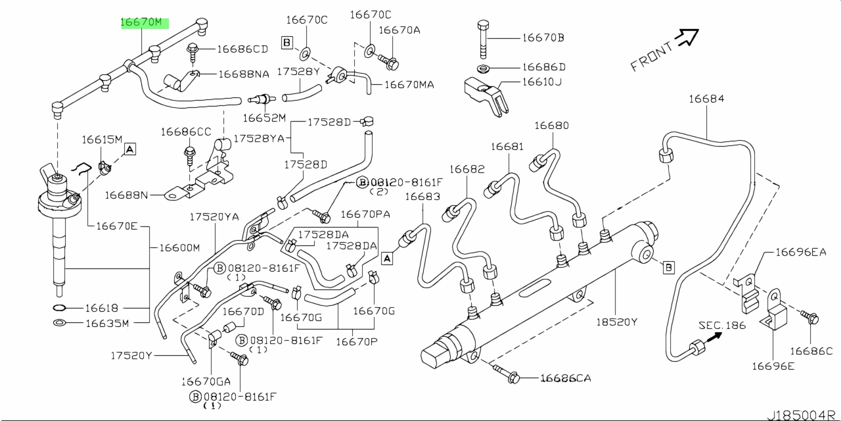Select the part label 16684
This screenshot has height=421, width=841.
[706, 99]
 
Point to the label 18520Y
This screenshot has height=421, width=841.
[617, 322]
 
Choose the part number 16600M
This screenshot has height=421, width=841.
[179, 248]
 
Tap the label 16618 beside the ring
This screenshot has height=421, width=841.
[101, 308]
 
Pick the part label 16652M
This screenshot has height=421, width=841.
[264, 118]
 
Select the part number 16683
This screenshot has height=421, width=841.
[422, 197]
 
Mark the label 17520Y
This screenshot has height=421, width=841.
[131, 356]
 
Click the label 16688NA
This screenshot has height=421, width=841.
[244, 75]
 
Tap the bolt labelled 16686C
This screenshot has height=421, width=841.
[812, 319]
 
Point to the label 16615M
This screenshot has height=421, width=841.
[102, 139]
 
